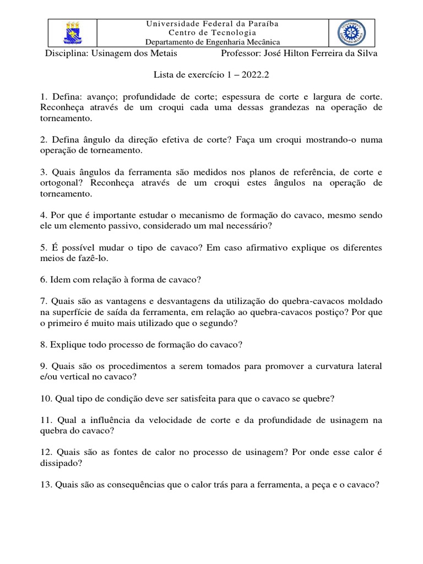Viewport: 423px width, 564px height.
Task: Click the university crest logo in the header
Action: (73, 33)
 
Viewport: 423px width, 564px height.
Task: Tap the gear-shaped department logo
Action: (351, 34)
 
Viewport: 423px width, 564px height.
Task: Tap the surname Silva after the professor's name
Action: (367, 53)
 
